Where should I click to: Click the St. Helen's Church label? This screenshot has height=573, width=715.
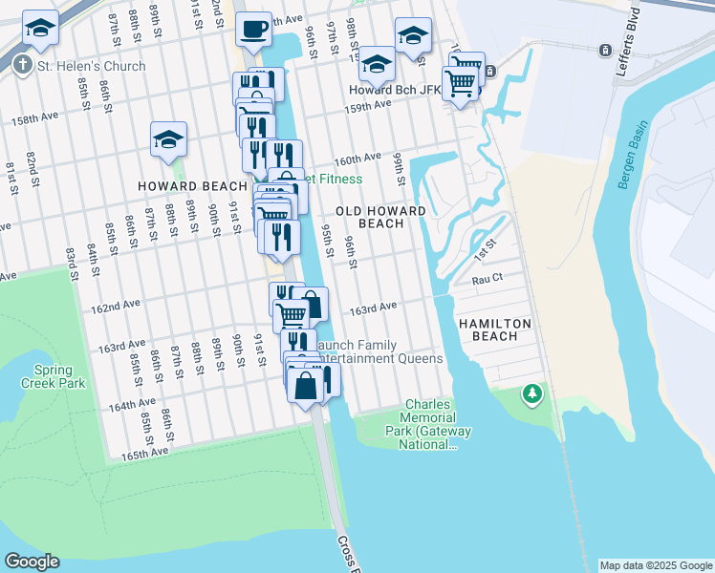(92, 66)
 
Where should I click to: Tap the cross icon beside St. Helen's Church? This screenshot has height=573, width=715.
(22, 66)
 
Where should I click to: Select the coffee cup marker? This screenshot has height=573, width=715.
(253, 31)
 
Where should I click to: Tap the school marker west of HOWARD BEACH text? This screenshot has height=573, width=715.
(168, 139)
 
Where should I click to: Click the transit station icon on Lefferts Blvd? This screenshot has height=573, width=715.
(604, 50)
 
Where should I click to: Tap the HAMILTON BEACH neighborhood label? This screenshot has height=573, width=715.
(494, 330)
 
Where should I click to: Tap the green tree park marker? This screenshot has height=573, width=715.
(531, 393)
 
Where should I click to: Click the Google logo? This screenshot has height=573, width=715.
(32, 562)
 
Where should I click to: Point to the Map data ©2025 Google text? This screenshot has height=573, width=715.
(655, 565)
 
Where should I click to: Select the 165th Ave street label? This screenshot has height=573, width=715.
(144, 455)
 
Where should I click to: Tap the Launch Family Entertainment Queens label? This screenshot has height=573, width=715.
(379, 351)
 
